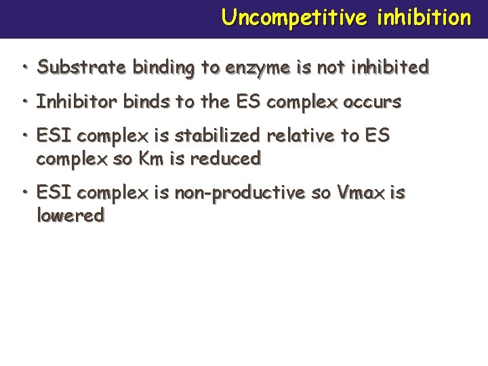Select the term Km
point(152,159)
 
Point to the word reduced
point(226,159)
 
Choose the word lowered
point(70,216)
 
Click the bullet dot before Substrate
point(24,67)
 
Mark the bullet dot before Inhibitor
point(24,102)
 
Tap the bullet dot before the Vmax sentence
point(24,192)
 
